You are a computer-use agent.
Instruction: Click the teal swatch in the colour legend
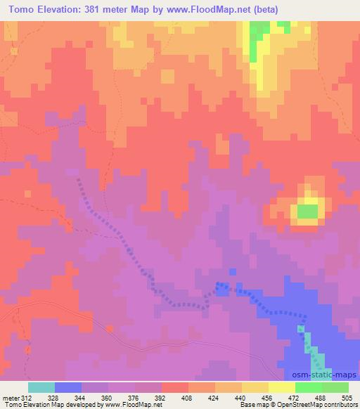tap(41, 387)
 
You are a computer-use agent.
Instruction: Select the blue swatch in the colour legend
tap(68, 387)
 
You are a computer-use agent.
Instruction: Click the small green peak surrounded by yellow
tap(307, 211)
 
